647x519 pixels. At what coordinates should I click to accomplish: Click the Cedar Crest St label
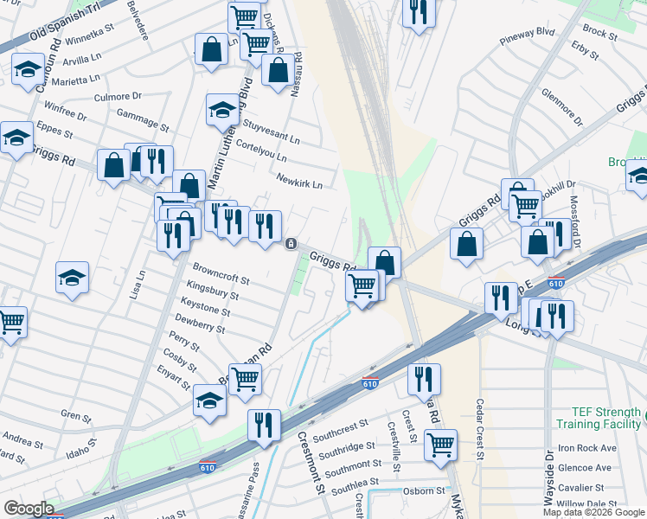[479, 428]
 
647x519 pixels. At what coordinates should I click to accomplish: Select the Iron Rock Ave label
[586, 448]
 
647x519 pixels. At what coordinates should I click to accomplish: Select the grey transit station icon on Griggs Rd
[291, 244]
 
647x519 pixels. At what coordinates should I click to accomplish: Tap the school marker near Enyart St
[209, 400]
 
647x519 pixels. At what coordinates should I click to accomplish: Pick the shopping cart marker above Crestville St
[441, 445]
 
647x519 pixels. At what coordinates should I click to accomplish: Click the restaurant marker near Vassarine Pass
[264, 424]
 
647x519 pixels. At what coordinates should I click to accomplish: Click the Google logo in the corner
[28, 509]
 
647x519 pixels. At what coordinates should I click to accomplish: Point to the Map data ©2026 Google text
[593, 512]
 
